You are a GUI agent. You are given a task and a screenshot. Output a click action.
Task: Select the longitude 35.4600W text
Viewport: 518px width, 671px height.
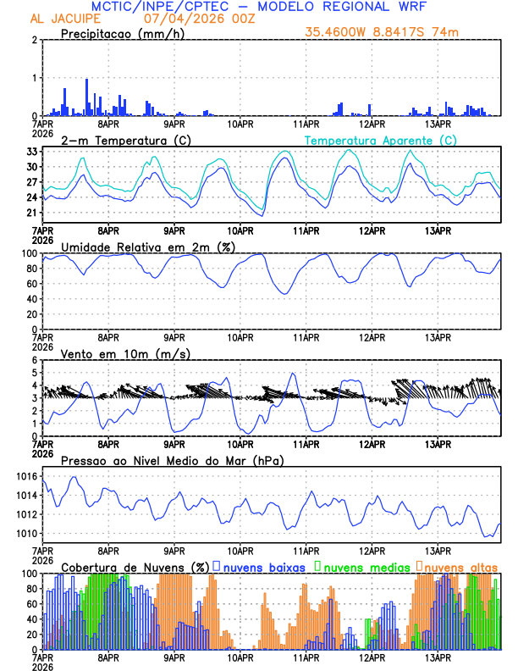[x=339, y=33]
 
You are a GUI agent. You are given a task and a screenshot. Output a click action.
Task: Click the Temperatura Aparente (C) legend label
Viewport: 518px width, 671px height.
[x=380, y=140]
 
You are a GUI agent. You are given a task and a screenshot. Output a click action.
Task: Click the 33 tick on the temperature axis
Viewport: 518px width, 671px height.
[x=30, y=152]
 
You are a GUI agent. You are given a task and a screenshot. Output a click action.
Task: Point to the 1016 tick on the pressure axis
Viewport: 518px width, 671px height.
[x=25, y=477]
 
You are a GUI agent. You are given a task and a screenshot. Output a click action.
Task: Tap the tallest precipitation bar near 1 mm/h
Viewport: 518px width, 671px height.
[x=86, y=97]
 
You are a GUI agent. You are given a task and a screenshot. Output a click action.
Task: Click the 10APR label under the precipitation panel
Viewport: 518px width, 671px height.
[x=240, y=124]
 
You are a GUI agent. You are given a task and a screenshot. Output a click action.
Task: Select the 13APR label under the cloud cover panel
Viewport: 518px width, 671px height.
[x=438, y=657]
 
